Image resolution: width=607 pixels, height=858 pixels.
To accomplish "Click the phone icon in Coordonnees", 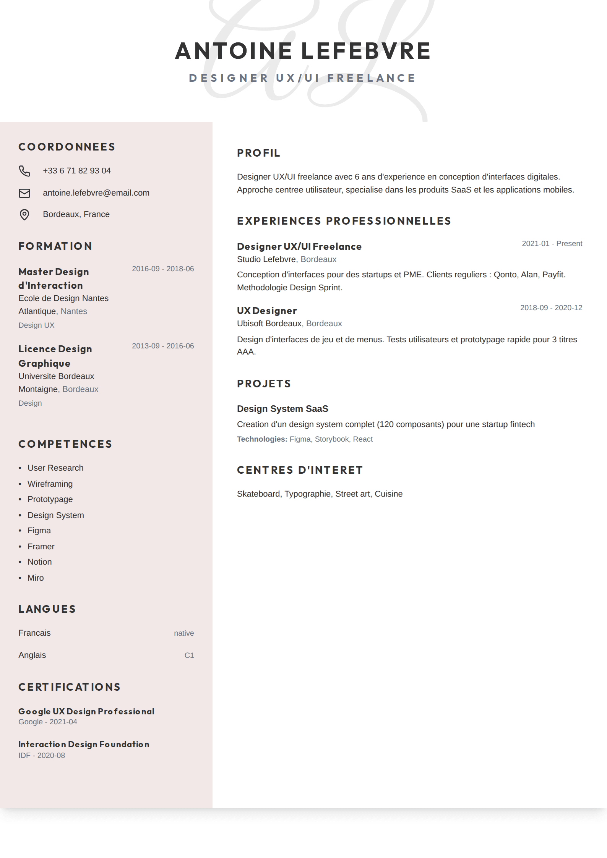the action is pyautogui.click(x=24, y=171).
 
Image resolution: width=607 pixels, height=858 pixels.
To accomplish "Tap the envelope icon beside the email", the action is pyautogui.click(x=24, y=193).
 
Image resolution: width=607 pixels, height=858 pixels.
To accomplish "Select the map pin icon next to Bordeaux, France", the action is pyautogui.click(x=24, y=215).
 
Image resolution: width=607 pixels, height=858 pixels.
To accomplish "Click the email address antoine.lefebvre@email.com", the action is pyautogui.click(x=96, y=193).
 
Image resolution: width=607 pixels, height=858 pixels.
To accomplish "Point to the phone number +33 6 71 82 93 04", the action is pyautogui.click(x=77, y=171).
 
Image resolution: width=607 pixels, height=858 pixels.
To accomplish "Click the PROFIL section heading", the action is pyautogui.click(x=258, y=153).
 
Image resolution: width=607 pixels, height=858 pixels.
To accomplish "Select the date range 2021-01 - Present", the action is pyautogui.click(x=552, y=244).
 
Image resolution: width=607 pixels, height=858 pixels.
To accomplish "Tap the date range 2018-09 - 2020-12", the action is pyautogui.click(x=551, y=308).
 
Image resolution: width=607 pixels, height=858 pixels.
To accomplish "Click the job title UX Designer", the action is pyautogui.click(x=267, y=311).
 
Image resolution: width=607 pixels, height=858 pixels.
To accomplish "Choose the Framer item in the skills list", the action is pyautogui.click(x=41, y=547).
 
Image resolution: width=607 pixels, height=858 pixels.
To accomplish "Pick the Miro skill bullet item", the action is pyautogui.click(x=36, y=578).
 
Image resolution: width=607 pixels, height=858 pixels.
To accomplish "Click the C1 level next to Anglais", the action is pyautogui.click(x=189, y=656).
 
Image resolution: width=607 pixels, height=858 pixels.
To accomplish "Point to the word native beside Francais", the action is pyautogui.click(x=184, y=633).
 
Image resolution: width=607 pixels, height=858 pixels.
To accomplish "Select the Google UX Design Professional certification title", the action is pyautogui.click(x=86, y=712).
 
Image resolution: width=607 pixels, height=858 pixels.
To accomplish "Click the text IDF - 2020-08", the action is pyautogui.click(x=42, y=756).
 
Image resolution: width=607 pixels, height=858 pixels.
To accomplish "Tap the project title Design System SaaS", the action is pyautogui.click(x=282, y=409).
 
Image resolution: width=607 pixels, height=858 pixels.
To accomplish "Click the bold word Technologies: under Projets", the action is pyautogui.click(x=262, y=439).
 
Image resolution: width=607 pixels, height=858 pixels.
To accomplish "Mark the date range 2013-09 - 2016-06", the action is pyautogui.click(x=163, y=346).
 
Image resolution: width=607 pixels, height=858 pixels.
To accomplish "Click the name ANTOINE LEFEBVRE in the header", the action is pyautogui.click(x=303, y=51).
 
